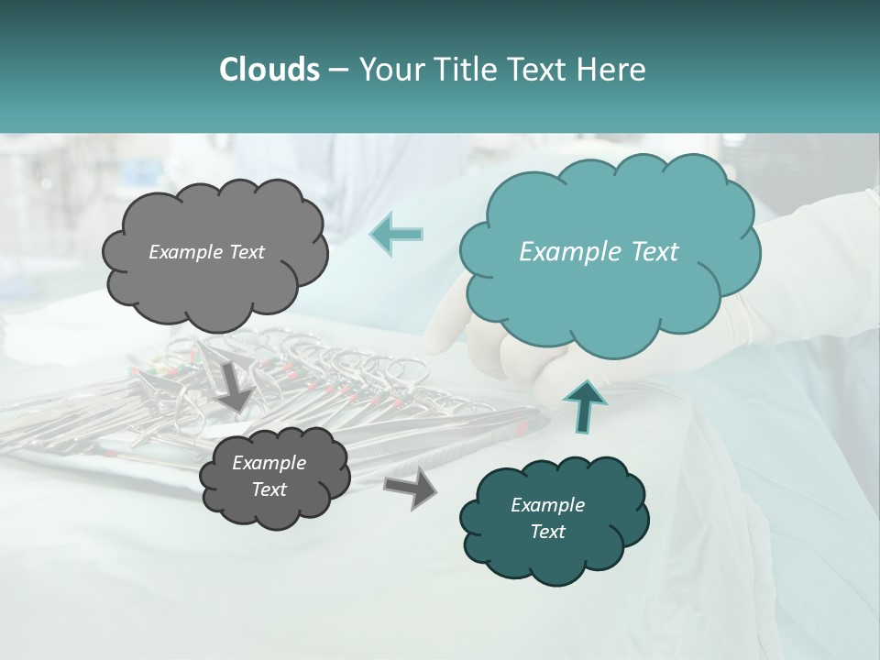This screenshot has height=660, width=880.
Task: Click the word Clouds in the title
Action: [269, 70]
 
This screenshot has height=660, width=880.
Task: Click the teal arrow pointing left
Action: [396, 233]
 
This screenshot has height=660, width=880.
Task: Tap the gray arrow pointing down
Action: [235, 385]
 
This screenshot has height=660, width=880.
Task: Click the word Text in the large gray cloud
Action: [245, 252]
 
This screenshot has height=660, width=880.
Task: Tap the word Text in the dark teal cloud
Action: [547, 532]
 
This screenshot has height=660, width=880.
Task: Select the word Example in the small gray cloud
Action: [269, 463]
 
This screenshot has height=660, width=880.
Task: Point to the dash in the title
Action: [336, 71]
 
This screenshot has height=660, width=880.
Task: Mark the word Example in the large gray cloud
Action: [184, 252]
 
